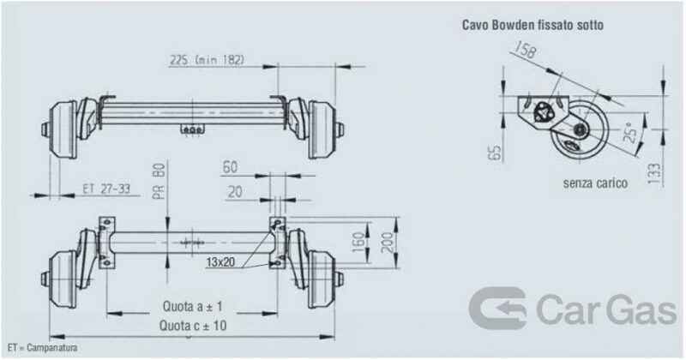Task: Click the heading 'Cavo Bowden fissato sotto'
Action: (533, 25)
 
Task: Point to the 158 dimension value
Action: (525, 50)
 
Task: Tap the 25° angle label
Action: (630, 133)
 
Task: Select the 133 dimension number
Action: (654, 173)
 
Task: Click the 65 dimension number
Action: (494, 153)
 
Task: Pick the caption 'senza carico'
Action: (595, 183)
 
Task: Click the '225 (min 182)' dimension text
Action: (207, 60)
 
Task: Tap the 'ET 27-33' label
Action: (106, 189)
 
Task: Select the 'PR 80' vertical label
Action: (159, 181)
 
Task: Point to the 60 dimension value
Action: (231, 167)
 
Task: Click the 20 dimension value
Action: (235, 192)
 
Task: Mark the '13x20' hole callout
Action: (220, 262)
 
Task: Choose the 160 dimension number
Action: (358, 243)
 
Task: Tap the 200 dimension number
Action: (388, 243)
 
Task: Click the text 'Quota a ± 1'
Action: (192, 306)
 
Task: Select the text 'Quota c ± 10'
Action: (193, 326)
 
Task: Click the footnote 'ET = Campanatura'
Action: (42, 348)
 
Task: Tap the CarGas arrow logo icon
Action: (498, 308)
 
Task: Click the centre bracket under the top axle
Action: (192, 129)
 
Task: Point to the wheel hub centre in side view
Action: (581, 129)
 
